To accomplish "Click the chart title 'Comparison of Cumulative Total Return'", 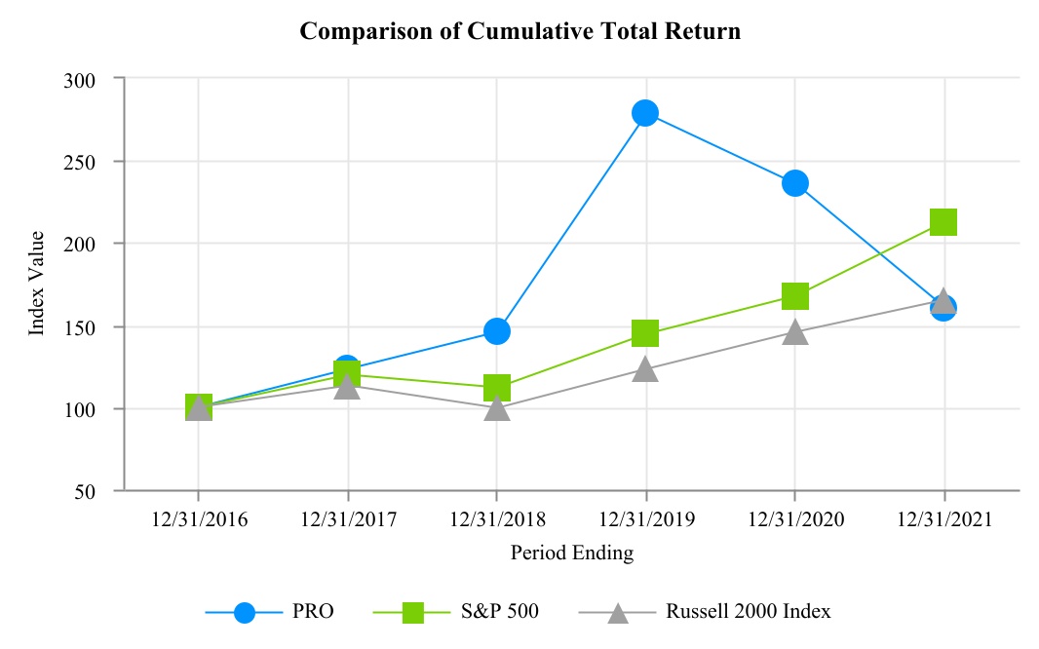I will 519,31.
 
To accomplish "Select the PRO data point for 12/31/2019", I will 645,113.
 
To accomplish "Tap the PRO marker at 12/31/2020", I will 794,183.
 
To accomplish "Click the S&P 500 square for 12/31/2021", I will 943,222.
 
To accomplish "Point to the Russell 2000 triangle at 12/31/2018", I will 496,407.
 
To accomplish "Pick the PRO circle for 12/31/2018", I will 496,331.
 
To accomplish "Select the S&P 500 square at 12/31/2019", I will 645,334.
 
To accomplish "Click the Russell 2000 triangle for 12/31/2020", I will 794,332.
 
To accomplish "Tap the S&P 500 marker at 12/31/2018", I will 496,388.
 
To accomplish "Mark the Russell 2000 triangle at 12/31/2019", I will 645,369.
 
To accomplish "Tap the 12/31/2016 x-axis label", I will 199,519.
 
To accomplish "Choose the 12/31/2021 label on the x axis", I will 943,519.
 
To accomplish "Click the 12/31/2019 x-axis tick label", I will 645,519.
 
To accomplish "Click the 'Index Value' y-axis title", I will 37,284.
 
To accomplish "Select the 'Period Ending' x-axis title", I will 571,554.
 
